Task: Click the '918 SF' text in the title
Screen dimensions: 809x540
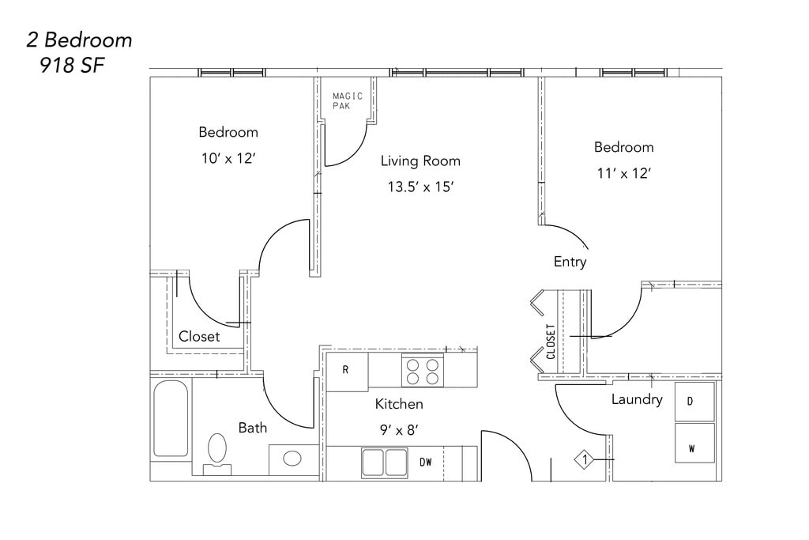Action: [x=72, y=65]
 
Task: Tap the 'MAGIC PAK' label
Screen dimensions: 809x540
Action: [x=348, y=100]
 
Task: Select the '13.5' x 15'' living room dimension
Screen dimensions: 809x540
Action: [x=420, y=187]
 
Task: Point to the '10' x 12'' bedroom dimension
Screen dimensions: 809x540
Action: [x=228, y=158]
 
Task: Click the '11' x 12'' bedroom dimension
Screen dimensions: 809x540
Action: [x=624, y=173]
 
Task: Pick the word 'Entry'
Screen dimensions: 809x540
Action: [x=570, y=262]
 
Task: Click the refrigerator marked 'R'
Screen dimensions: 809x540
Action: [x=347, y=371]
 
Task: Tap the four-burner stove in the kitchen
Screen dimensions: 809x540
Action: [x=423, y=371]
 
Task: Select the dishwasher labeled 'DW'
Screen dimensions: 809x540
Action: [x=425, y=463]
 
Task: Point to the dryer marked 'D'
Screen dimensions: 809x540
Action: [x=694, y=402]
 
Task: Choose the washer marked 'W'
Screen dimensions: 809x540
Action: [x=694, y=443]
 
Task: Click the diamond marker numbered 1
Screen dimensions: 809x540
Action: [x=585, y=459]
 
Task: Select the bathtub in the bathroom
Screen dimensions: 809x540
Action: [x=171, y=419]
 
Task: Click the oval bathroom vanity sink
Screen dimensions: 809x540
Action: [x=292, y=458]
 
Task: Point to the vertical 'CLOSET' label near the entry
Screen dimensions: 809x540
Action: [x=551, y=342]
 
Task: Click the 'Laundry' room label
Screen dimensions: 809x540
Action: [x=637, y=399]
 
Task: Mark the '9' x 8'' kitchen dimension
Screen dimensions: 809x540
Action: [x=399, y=429]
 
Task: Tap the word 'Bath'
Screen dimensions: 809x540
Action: [x=253, y=428]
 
